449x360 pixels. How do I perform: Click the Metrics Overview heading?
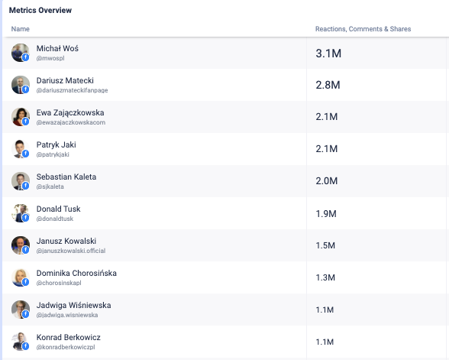(40, 11)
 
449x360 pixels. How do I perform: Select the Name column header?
(21, 29)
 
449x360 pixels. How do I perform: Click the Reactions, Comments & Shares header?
(363, 29)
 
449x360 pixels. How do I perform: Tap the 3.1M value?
(328, 54)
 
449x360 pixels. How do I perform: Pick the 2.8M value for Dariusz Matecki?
(328, 85)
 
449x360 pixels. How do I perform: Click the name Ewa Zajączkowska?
(70, 112)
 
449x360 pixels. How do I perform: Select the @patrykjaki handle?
(53, 154)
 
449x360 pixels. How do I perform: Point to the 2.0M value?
(327, 181)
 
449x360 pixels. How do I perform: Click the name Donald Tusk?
(58, 209)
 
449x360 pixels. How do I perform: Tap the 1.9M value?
(326, 213)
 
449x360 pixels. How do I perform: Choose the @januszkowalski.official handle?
(71, 251)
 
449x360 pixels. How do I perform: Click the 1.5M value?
(325, 245)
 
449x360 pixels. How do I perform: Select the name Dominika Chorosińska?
(76, 273)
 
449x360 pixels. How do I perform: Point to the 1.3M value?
(325, 277)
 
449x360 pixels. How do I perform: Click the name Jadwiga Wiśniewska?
(73, 305)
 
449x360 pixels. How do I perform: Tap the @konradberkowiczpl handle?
(66, 347)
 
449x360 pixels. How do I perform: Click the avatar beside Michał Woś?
(21, 53)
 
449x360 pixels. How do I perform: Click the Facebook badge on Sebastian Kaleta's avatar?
(25, 186)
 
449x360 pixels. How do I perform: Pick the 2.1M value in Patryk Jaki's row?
(327, 149)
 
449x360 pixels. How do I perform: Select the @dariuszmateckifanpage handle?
(72, 90)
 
